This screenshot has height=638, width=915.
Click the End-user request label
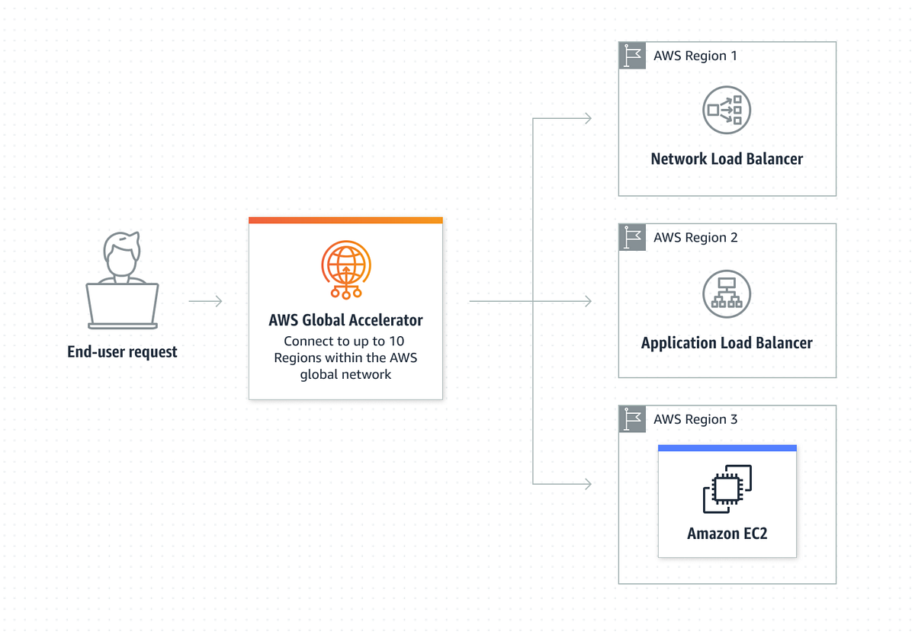point(122,352)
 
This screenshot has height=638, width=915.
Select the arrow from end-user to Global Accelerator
point(205,302)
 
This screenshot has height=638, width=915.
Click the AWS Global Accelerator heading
point(345,320)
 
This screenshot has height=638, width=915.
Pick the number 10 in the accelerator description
point(396,341)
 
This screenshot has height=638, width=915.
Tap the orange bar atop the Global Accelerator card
point(345,220)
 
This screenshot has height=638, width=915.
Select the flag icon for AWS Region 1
point(632,56)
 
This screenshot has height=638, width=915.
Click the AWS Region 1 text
point(695,56)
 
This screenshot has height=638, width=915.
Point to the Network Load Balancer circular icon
point(727,110)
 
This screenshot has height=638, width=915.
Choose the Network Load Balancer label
point(727,159)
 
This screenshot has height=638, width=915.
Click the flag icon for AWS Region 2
point(632,238)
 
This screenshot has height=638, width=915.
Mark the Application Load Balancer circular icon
point(727,293)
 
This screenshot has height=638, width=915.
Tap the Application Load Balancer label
point(727,343)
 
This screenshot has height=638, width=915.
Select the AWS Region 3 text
point(695,419)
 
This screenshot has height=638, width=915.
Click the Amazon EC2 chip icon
point(727,489)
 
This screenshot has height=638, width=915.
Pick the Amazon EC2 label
point(727,534)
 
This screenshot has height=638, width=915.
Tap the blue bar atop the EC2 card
point(727,448)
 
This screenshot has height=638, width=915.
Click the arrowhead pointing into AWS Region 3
point(587,484)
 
